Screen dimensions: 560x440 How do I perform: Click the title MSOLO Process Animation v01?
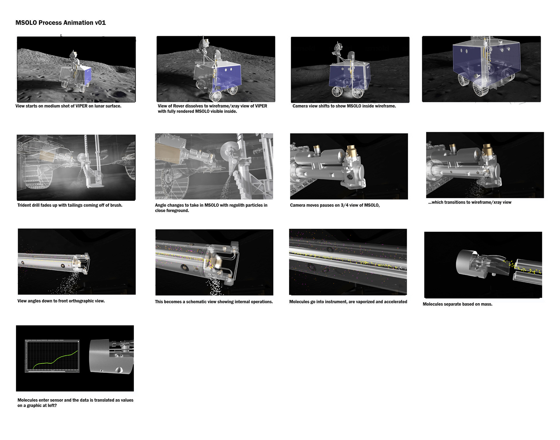[x=60, y=23]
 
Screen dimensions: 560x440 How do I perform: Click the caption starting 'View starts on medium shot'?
[x=68, y=106]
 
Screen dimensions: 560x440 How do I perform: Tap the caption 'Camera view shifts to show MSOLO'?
[x=344, y=106]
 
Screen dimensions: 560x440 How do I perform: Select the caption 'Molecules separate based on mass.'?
[x=457, y=304]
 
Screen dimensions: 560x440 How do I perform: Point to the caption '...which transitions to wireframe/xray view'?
[x=470, y=202]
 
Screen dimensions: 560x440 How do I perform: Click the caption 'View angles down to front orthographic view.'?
[x=61, y=301]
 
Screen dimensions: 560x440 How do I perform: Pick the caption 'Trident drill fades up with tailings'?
[x=70, y=205]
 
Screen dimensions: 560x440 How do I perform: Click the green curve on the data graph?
[x=55, y=360]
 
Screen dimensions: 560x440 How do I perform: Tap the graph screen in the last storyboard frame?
[x=52, y=356]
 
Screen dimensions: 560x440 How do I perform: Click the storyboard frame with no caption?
[x=481, y=69]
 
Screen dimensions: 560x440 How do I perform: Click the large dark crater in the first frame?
[x=118, y=94]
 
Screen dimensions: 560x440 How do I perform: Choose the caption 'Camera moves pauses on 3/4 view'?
[x=335, y=205]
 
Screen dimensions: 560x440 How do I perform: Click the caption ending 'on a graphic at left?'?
[x=75, y=403]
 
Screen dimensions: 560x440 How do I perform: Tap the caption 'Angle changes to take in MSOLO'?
[x=211, y=208]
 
